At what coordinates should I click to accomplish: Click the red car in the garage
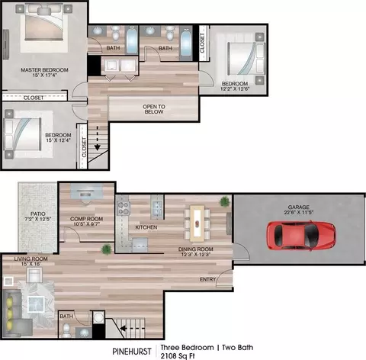click(x=301, y=236)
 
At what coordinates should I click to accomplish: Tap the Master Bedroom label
click(x=44, y=69)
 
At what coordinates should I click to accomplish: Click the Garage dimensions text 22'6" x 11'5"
click(x=299, y=212)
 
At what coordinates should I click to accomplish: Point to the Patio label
click(x=38, y=214)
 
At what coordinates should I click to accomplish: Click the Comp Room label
click(x=86, y=219)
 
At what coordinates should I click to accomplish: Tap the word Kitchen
click(x=146, y=227)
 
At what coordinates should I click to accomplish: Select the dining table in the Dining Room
click(x=197, y=223)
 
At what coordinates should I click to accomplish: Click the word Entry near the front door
click(x=207, y=279)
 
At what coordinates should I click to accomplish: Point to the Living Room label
click(x=30, y=259)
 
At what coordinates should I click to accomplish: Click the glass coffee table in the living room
click(x=36, y=304)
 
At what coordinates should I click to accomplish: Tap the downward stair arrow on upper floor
click(x=98, y=138)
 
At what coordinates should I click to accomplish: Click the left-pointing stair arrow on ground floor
click(x=132, y=328)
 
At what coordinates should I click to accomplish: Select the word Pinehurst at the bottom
click(x=132, y=352)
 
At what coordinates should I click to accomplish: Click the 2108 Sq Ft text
click(x=178, y=355)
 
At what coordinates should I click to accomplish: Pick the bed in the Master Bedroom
click(x=43, y=22)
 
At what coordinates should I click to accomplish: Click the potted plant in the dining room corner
click(x=224, y=201)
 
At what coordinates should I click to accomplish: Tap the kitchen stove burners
click(x=124, y=208)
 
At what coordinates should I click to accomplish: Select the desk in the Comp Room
click(x=87, y=191)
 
